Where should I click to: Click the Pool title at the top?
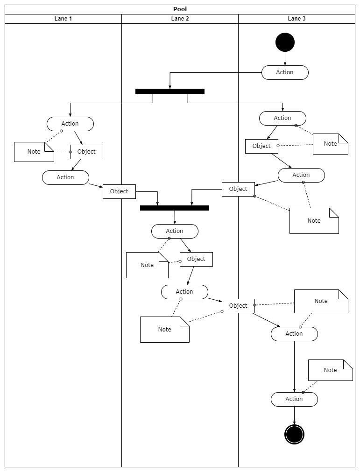click(x=180, y=9)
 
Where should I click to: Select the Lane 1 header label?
click(x=63, y=19)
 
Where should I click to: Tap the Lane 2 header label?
click(x=180, y=19)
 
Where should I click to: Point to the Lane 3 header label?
click(x=296, y=19)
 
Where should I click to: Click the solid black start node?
click(x=285, y=42)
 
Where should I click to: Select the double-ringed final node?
click(x=294, y=434)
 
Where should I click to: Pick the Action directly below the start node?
click(x=285, y=72)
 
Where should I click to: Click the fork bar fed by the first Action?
click(x=170, y=91)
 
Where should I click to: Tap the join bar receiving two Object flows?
click(x=175, y=208)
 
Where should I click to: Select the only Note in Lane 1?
click(x=34, y=152)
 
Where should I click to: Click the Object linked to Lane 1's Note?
click(x=87, y=152)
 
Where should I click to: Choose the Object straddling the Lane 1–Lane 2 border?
click(x=119, y=191)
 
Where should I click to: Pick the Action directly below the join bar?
click(x=175, y=231)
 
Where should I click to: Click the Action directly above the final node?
click(x=294, y=400)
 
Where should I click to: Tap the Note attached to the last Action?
click(x=331, y=370)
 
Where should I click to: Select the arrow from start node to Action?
click(x=285, y=59)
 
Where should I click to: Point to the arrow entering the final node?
click(x=294, y=416)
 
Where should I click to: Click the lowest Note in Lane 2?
click(x=165, y=330)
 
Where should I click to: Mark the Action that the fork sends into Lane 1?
click(x=70, y=124)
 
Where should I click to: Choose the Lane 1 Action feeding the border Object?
click(x=66, y=177)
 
